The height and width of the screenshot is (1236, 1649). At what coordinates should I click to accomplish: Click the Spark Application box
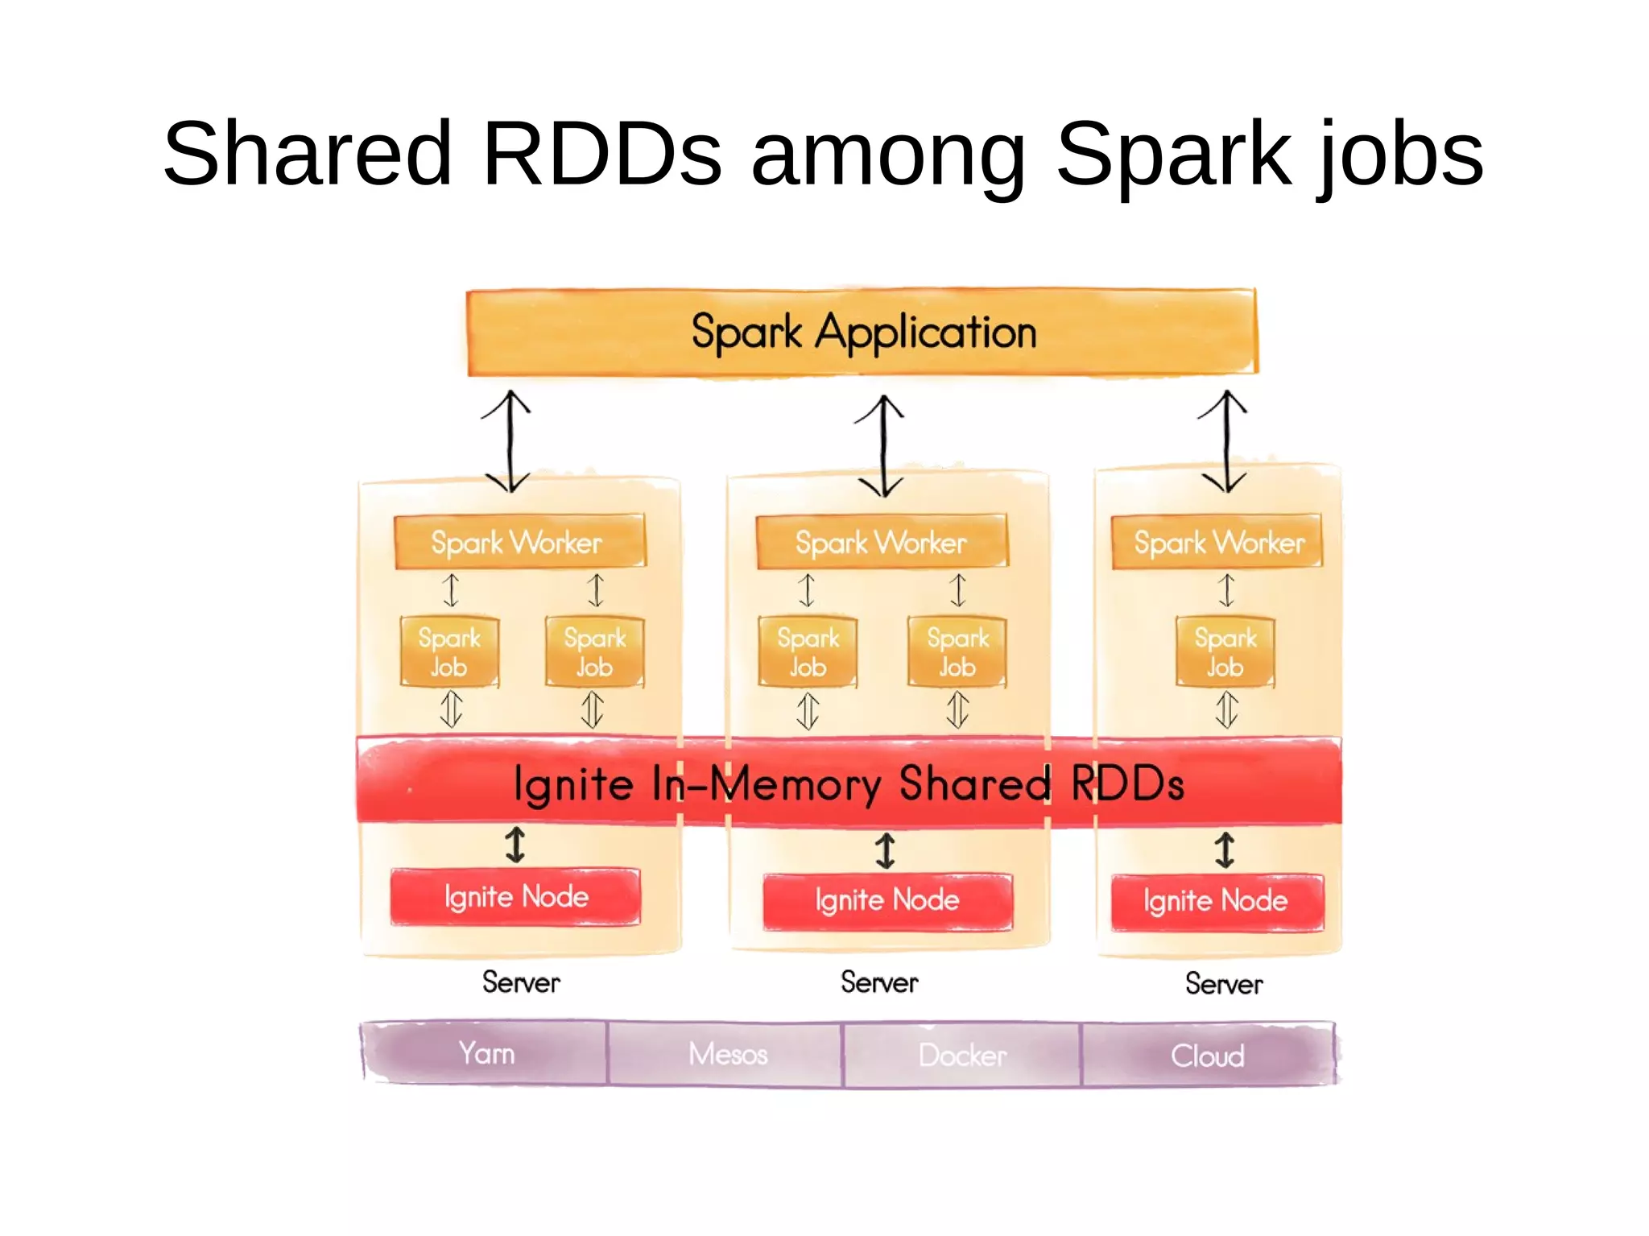pos(862,332)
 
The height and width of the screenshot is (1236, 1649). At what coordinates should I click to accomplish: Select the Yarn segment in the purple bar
pos(486,1053)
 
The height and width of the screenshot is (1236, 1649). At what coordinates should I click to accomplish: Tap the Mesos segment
pos(726,1054)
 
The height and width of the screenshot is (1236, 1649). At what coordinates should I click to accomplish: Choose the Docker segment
pos(961,1055)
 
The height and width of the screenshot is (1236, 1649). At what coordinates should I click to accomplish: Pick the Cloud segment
pos(1207,1055)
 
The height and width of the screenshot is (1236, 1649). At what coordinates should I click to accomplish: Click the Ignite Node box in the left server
pos(515,896)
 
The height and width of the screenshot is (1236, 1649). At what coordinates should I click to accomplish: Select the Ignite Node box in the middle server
pos(886,900)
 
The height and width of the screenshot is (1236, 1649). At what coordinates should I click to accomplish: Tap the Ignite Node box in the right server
pos(1216,901)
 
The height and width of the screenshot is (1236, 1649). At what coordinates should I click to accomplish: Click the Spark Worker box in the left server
pos(518,542)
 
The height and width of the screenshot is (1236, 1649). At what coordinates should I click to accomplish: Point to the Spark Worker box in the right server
pos(1217,542)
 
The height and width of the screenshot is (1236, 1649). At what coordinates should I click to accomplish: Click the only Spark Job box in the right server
pos(1225,651)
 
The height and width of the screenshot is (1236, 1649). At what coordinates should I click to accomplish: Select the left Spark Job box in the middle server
pos(808,651)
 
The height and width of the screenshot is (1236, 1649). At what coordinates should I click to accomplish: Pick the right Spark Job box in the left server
pos(594,651)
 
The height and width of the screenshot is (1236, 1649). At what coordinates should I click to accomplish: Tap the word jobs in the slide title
pos(1400,153)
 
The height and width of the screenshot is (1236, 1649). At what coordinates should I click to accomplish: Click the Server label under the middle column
pos(879,982)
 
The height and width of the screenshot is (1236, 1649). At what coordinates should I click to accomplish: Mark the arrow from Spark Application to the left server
pos(508,441)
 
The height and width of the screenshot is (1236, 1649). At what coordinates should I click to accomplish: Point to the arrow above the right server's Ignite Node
pos(1225,849)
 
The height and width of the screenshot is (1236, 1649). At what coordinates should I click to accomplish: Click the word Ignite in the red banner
pos(573,783)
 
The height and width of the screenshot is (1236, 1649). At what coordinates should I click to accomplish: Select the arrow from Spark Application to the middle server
pos(882,445)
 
